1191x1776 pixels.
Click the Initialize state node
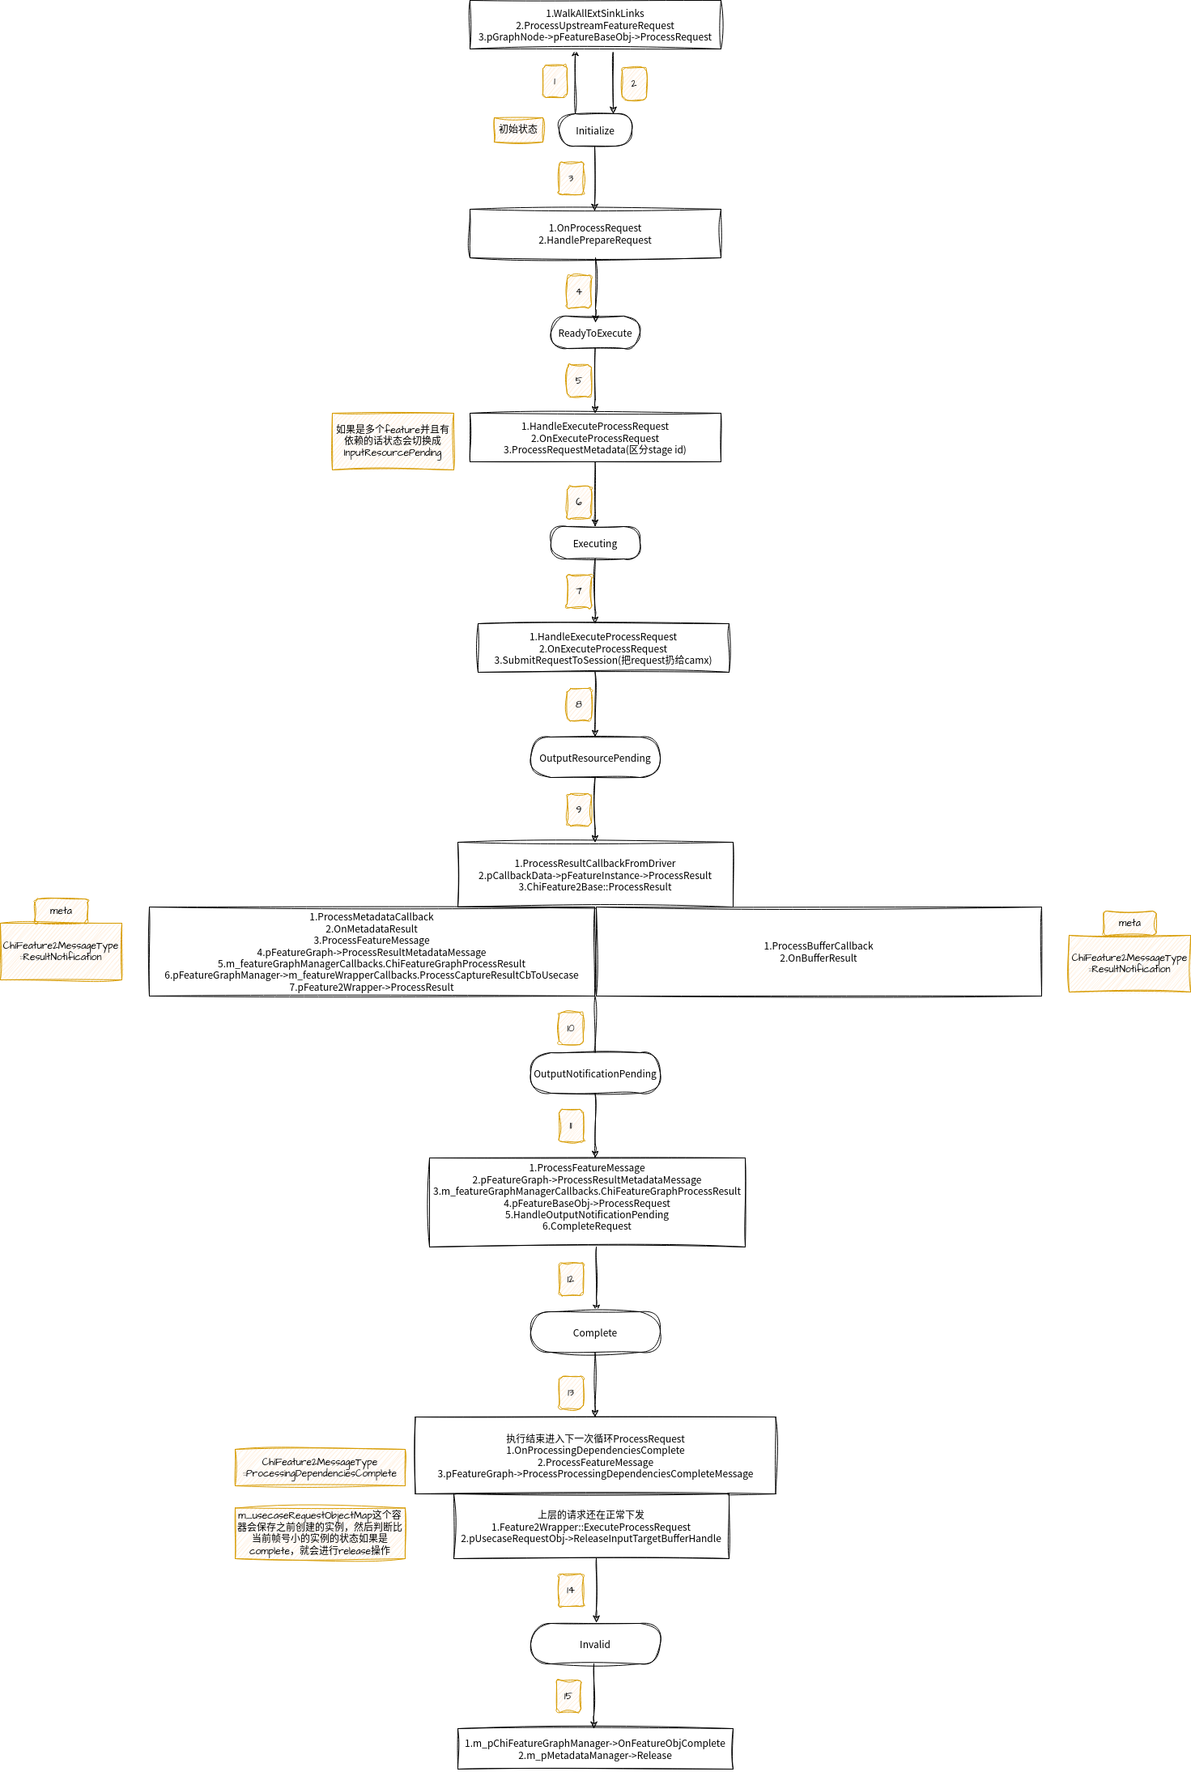(x=594, y=130)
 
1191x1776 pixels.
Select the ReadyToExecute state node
(x=594, y=333)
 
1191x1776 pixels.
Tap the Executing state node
(x=594, y=543)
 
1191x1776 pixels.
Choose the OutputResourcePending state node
(x=594, y=758)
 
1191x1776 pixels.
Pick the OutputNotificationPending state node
(x=594, y=1073)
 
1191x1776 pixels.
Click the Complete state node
(x=594, y=1332)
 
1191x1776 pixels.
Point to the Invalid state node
(x=594, y=1644)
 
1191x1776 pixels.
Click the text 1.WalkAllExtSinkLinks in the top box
(x=594, y=14)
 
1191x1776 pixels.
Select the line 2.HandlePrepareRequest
(x=594, y=240)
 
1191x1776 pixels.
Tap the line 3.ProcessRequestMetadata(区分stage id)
(x=594, y=450)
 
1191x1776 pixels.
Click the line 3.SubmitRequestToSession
(x=602, y=661)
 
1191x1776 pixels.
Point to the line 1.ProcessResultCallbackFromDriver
(x=594, y=864)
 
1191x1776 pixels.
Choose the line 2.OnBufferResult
(x=818, y=958)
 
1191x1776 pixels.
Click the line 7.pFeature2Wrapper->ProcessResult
(x=371, y=988)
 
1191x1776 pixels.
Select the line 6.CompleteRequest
(x=586, y=1226)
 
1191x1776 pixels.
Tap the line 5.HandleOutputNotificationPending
(x=586, y=1215)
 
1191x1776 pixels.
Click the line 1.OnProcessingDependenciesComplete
(x=594, y=1451)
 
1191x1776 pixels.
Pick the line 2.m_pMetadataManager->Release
(x=594, y=1756)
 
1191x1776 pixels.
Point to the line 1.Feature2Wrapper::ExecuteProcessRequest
(x=590, y=1527)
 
